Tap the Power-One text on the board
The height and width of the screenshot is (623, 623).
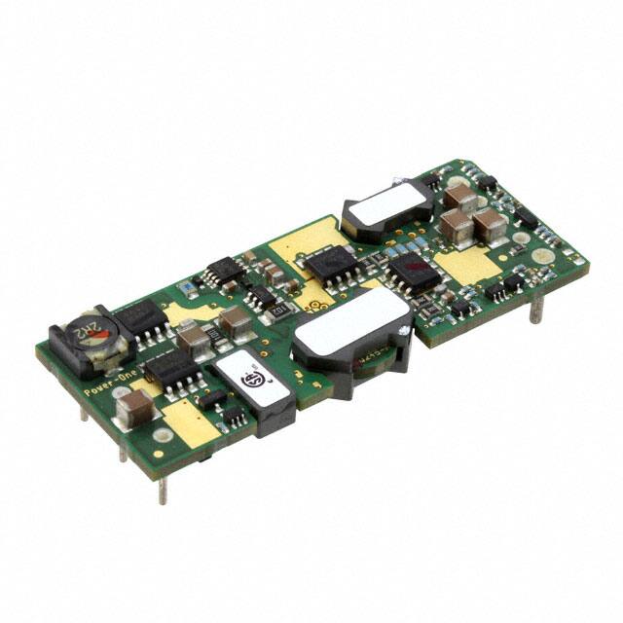[x=102, y=383]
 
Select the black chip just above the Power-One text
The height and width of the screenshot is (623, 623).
[x=171, y=368]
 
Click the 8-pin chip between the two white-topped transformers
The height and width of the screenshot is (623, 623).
[x=327, y=265]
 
